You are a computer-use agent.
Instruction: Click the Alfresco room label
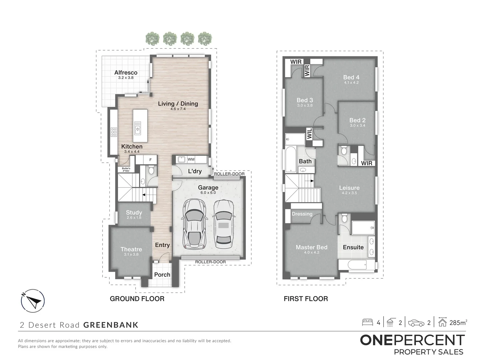tap(126, 73)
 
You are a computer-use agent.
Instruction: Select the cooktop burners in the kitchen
tap(114, 132)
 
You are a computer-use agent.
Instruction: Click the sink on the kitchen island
tap(138, 128)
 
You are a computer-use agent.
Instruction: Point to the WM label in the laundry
tap(191, 159)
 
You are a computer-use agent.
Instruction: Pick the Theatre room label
tap(131, 249)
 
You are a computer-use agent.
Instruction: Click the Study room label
tap(134, 212)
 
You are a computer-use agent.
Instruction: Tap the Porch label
tap(162, 275)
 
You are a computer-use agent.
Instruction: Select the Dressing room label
tap(302, 214)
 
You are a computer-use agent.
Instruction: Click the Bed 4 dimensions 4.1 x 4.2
tap(351, 82)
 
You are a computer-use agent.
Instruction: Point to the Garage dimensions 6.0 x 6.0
tap(208, 193)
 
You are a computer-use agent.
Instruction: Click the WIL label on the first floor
tap(309, 134)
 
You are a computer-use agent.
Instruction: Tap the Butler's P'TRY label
tap(126, 170)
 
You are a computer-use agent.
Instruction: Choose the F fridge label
tap(150, 160)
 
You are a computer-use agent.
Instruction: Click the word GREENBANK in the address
tap(111, 325)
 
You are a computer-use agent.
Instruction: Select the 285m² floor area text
tap(458, 323)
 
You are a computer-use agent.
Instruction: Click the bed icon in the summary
tap(367, 322)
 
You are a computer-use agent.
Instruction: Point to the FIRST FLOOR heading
tap(306, 299)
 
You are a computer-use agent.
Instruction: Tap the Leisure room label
tap(349, 188)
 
